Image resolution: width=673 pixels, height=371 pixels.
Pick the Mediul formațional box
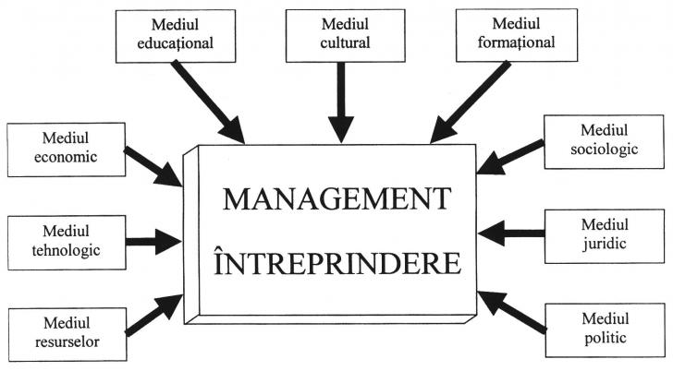[504, 32]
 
